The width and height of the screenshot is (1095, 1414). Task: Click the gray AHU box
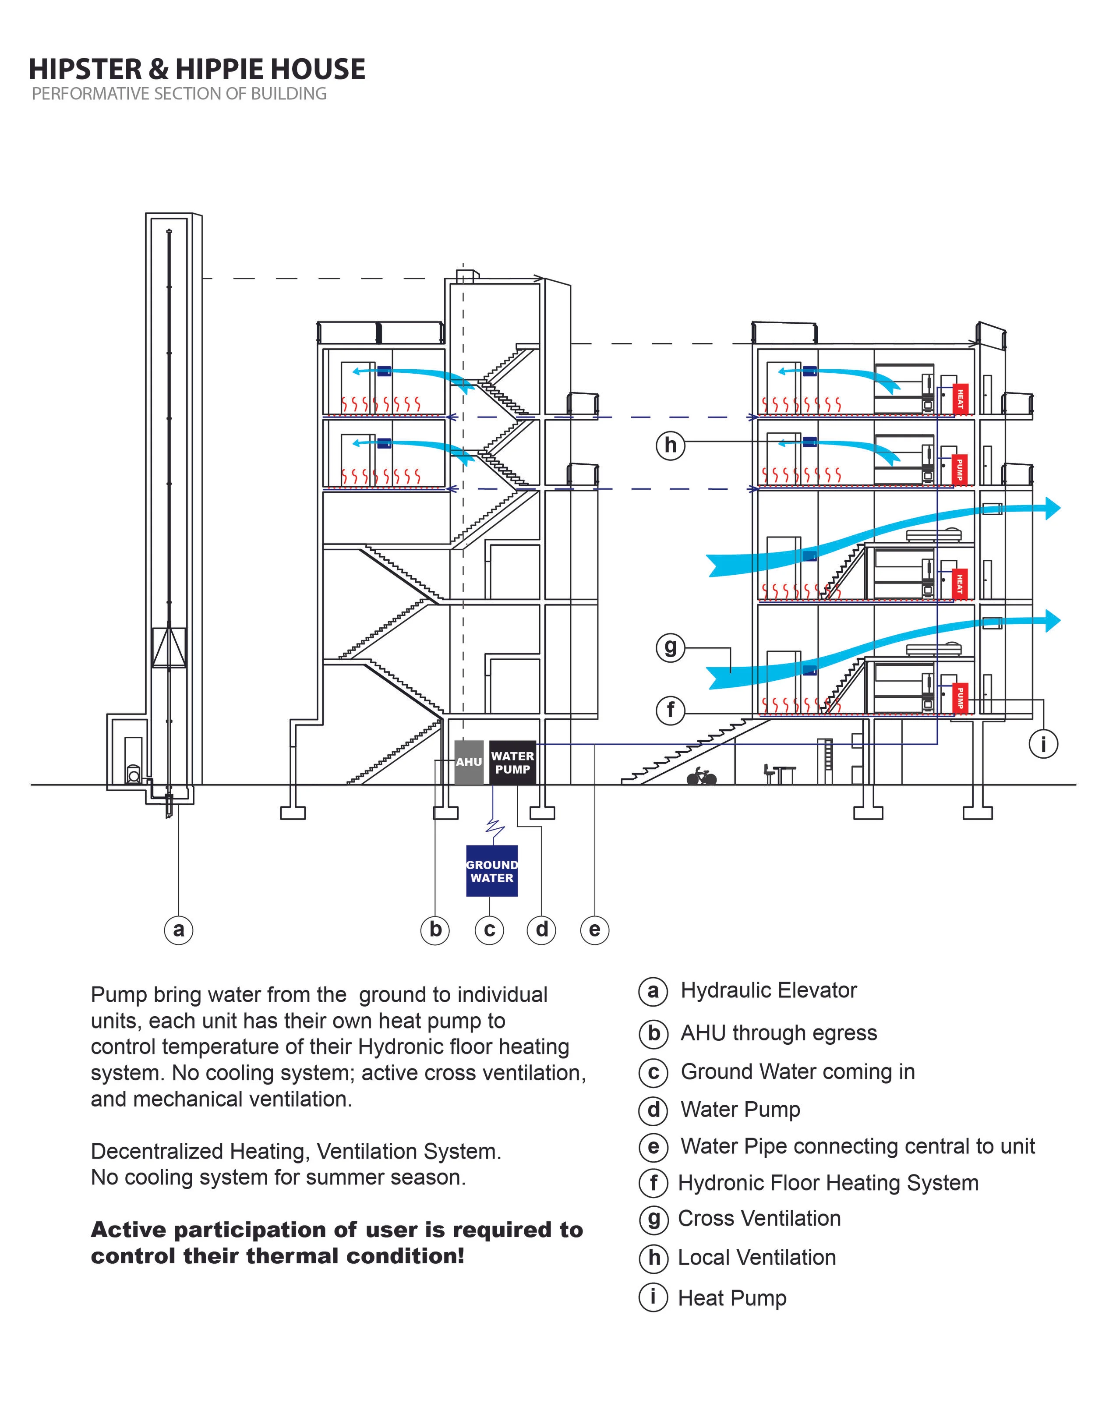pos(469,762)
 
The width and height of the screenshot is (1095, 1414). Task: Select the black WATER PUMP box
pos(512,763)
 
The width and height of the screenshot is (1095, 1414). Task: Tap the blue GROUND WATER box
pos(491,871)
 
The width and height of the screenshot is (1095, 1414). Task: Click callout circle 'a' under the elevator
pos(179,930)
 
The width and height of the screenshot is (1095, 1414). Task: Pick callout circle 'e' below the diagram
pos(594,930)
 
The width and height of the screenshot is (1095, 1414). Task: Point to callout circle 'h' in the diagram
pos(670,445)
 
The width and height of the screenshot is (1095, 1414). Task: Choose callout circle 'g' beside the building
pos(670,647)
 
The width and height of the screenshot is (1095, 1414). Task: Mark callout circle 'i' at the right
pos(1043,744)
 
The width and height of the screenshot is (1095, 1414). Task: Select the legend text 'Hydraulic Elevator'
pos(769,990)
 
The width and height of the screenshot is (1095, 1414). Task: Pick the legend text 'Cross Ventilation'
pos(759,1219)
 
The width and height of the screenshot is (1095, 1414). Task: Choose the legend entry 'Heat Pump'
pos(732,1297)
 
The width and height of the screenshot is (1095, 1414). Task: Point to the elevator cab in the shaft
pos(169,647)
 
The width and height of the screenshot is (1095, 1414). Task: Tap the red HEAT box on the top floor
pos(960,398)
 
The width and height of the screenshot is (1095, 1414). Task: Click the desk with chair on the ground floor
pos(780,774)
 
